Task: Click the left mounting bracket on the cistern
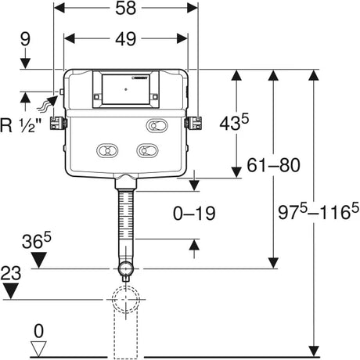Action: (56, 123)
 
